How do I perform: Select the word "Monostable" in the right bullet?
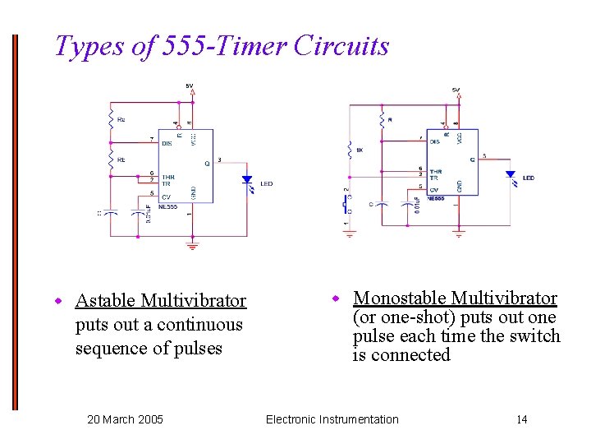pyautogui.click(x=399, y=298)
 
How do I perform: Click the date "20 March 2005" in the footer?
pyautogui.click(x=125, y=419)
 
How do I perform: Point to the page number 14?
pyautogui.click(x=521, y=419)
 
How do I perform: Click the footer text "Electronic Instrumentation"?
pyautogui.click(x=332, y=419)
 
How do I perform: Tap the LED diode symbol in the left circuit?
pyautogui.click(x=246, y=180)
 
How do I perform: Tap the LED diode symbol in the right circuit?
pyautogui.click(x=510, y=174)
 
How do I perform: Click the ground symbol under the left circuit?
pyautogui.click(x=192, y=245)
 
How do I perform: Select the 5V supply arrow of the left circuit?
pyautogui.click(x=191, y=93)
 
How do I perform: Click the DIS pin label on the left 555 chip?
pyautogui.click(x=167, y=143)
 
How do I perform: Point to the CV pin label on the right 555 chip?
pyautogui.click(x=433, y=190)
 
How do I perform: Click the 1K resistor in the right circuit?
pyautogui.click(x=350, y=151)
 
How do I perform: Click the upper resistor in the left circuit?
pyautogui.click(x=112, y=118)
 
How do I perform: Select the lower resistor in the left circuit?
pyautogui.click(x=112, y=160)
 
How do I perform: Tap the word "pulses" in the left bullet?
pyautogui.click(x=194, y=348)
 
